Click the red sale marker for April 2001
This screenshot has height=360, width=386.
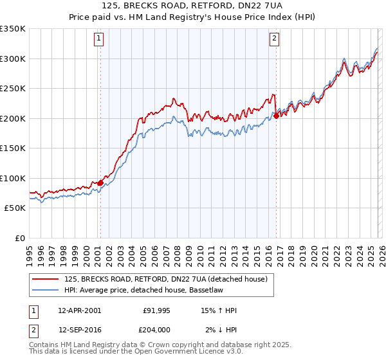pyautogui.click(x=100, y=183)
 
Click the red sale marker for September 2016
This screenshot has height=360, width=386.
pyautogui.click(x=276, y=116)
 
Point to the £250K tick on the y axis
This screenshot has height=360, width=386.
pyautogui.click(x=13, y=89)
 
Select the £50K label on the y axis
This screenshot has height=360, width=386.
pyautogui.click(x=15, y=208)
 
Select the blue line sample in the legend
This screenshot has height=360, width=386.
pyautogui.click(x=46, y=290)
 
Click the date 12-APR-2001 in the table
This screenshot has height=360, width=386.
pyautogui.click(x=79, y=310)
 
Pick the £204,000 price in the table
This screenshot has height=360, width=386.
pyautogui.click(x=156, y=330)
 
